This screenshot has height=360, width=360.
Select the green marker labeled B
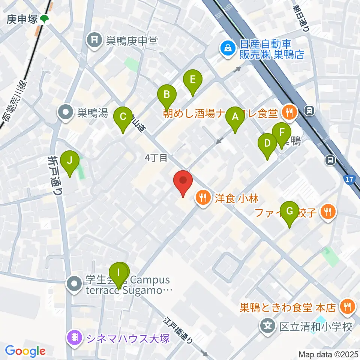coord(166,95)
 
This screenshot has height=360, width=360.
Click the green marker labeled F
coord(282,133)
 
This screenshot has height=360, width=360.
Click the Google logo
coord(25,351)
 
